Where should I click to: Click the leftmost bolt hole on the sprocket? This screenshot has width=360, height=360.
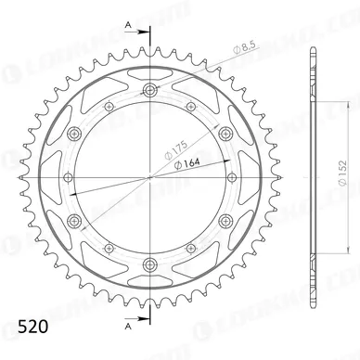pos(66,173)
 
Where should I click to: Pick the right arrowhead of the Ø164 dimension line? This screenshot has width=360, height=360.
pos(229,164)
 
